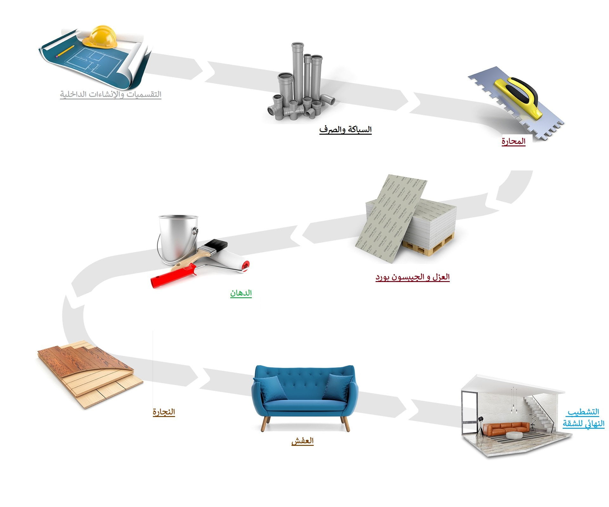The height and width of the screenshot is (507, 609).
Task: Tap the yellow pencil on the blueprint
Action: (x=65, y=51)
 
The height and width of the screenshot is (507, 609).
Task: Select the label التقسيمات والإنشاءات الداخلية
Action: (x=111, y=94)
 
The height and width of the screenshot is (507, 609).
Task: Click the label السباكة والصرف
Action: (x=345, y=129)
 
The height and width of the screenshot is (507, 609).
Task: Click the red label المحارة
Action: (x=513, y=141)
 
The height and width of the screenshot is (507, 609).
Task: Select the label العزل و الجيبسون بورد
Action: (x=412, y=277)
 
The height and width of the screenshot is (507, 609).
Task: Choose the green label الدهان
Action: (x=241, y=293)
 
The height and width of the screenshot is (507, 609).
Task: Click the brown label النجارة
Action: (x=164, y=412)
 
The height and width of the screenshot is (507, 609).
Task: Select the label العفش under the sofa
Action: (x=302, y=441)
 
